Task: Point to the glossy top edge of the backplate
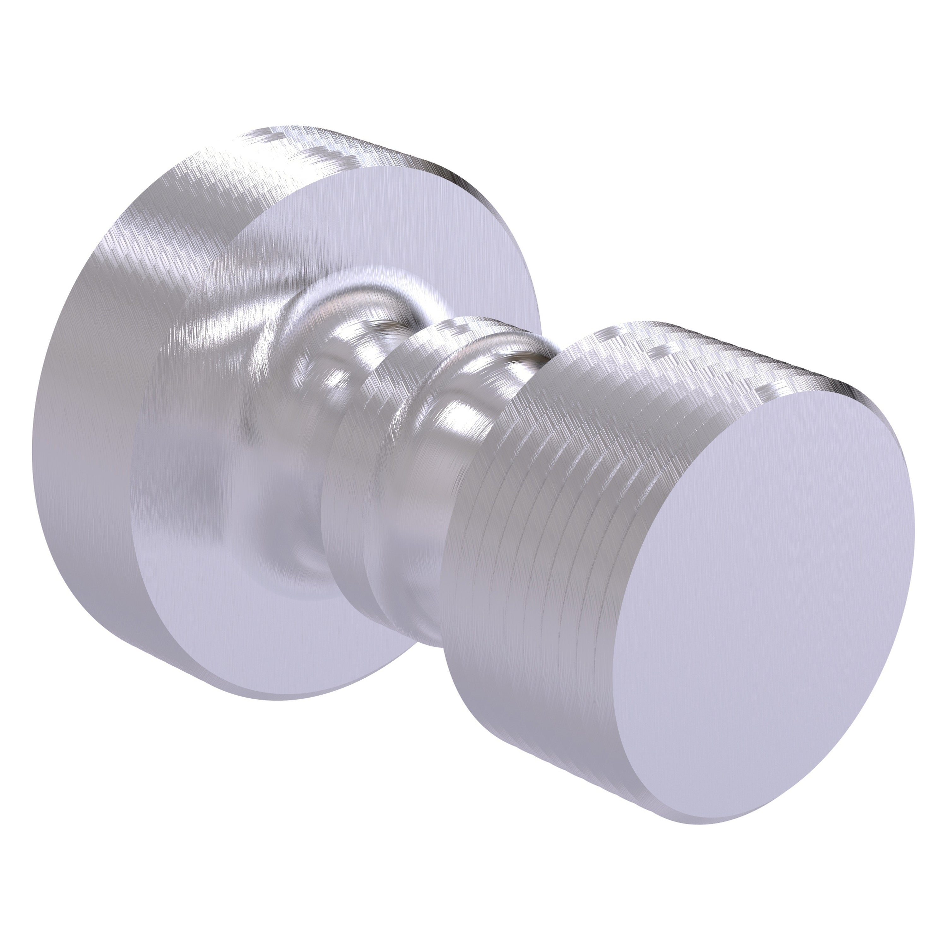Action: coord(343,147)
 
